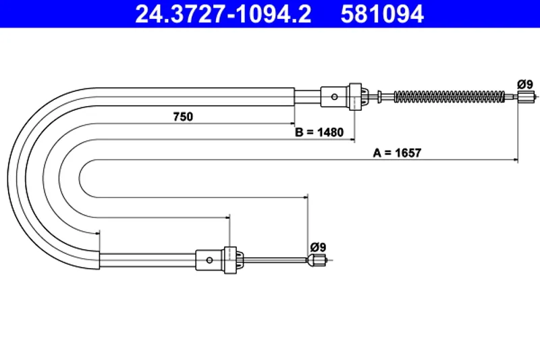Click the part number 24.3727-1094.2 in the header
(223, 14)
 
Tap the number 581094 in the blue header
(382, 14)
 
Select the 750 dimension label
(183, 117)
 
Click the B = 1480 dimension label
(319, 132)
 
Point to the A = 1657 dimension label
(397, 153)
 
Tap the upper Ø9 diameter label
(525, 84)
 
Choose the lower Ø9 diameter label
(318, 247)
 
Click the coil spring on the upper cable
(449, 97)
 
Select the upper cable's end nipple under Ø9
(526, 97)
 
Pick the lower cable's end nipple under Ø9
(317, 260)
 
